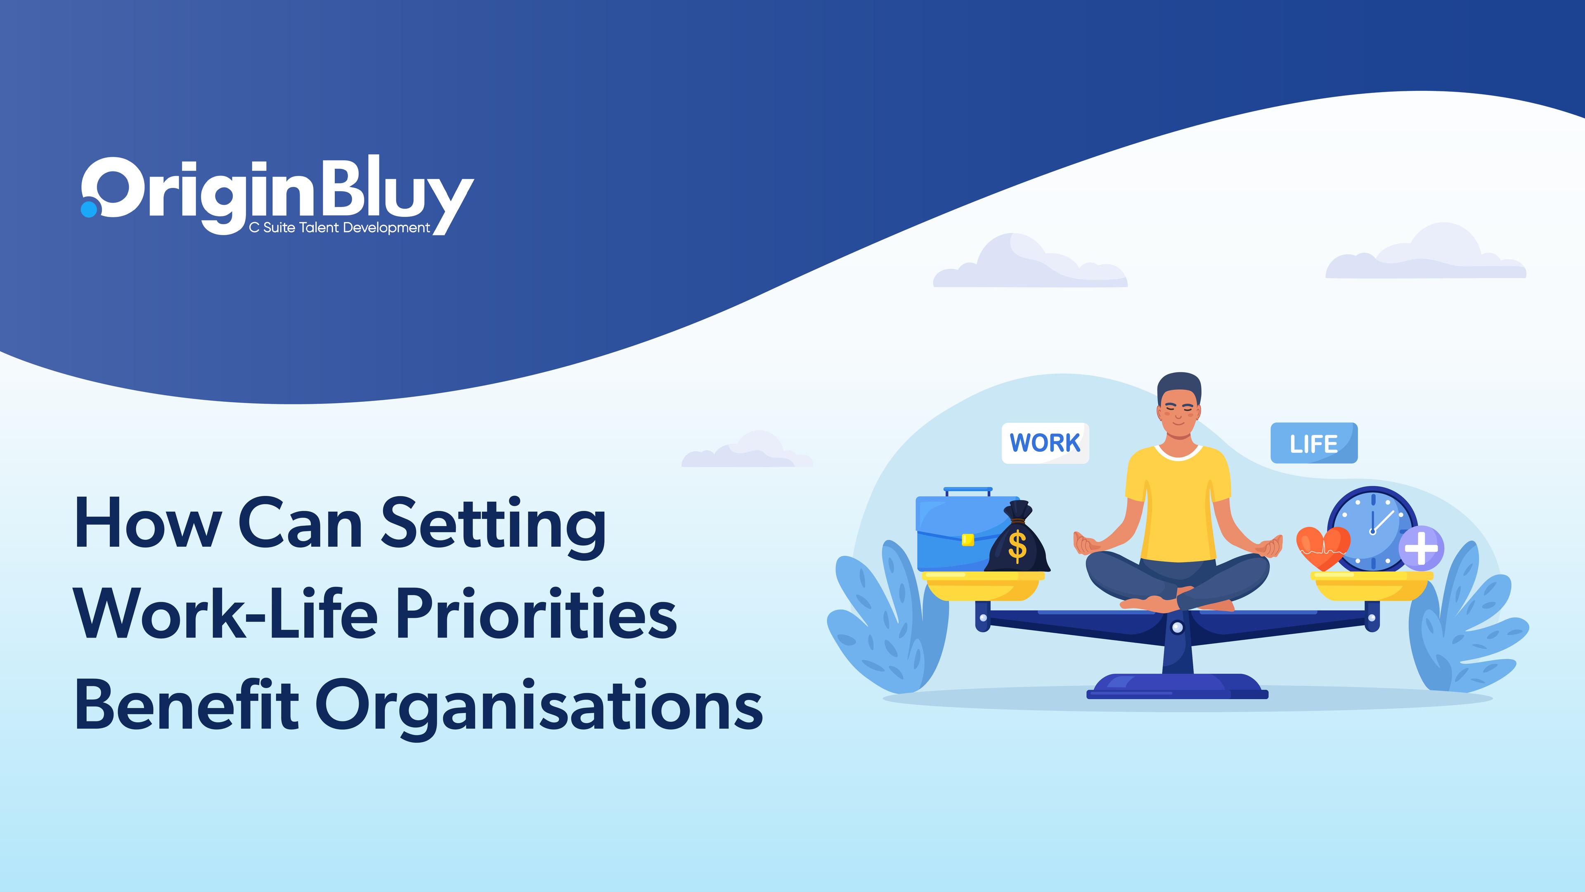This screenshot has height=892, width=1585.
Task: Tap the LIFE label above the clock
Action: tap(1314, 443)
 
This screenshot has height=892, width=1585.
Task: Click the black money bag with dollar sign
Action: tap(1017, 537)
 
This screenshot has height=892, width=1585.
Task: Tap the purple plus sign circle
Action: tap(1421, 547)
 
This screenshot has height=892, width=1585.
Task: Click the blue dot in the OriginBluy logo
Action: tap(89, 209)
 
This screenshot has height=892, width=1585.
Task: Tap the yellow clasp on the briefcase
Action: tap(968, 539)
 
